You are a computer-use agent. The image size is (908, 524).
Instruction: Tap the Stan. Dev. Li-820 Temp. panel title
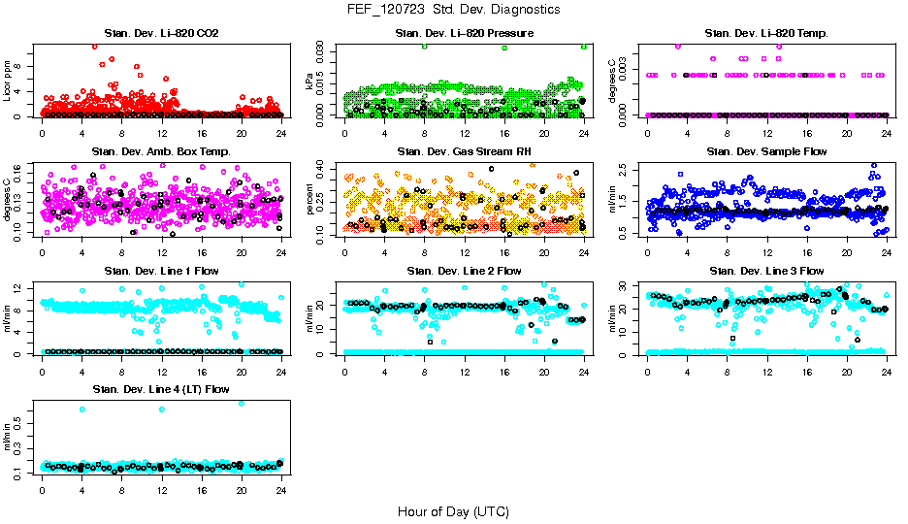pos(766,34)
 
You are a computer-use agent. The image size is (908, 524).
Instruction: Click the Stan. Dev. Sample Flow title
pos(766,152)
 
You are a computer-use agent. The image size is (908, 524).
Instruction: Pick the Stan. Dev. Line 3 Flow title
pos(766,271)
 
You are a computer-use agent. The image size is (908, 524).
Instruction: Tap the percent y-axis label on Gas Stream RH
pos(311,200)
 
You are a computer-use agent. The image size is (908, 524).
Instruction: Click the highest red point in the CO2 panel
pos(94,46)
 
